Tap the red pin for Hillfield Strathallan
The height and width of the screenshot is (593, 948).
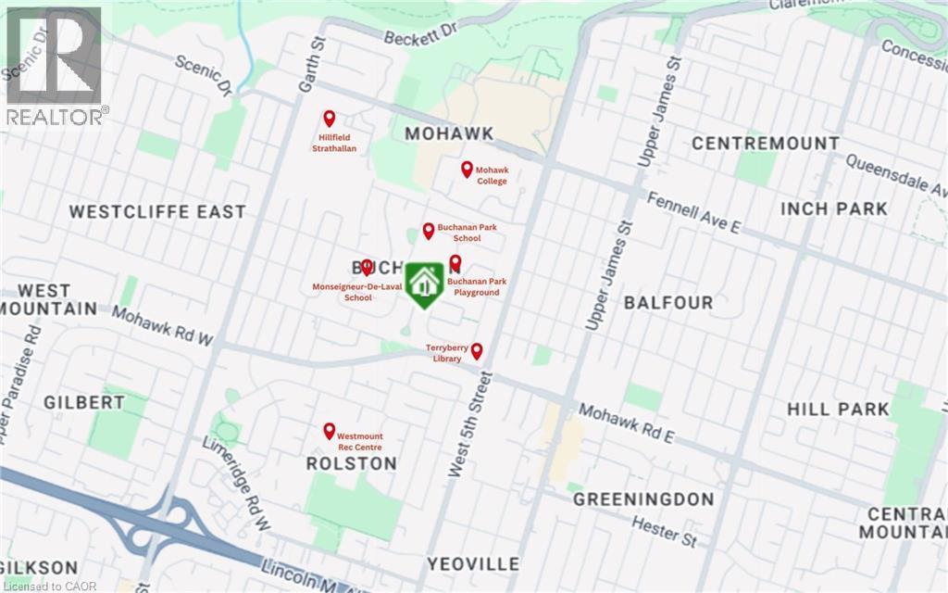[329, 119]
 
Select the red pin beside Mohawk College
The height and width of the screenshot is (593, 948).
[468, 170]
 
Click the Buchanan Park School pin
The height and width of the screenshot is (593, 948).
[429, 231]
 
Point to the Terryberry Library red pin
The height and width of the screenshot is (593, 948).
[477, 351]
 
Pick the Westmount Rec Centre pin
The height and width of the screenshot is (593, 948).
[329, 431]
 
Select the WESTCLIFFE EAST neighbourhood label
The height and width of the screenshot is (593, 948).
[158, 211]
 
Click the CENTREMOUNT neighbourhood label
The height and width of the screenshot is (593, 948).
[766, 144]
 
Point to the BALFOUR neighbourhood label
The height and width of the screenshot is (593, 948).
[668, 303]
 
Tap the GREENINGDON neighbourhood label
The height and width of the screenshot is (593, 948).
[643, 499]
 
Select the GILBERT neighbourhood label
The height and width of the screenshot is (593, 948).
[83, 402]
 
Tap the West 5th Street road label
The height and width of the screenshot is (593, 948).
[470, 425]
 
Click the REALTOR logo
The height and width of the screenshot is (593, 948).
[54, 65]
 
